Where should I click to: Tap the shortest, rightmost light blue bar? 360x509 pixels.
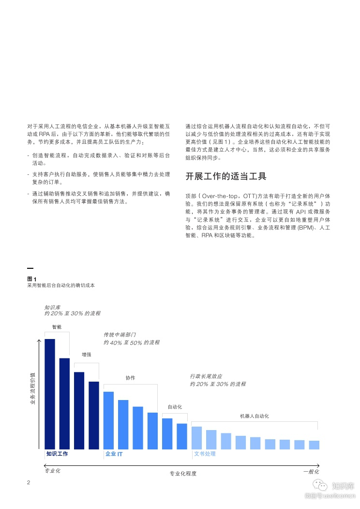click(314, 445)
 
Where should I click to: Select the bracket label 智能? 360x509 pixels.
click(57, 327)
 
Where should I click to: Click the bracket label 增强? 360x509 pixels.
click(87, 355)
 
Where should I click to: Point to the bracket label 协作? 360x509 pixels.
click(130, 378)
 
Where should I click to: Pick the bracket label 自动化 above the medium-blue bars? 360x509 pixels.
click(175, 407)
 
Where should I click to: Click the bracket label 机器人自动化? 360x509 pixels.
click(254, 416)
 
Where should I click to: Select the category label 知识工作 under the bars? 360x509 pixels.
click(57, 454)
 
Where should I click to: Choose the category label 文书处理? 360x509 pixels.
click(205, 454)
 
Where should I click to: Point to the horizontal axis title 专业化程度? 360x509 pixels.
click(183, 473)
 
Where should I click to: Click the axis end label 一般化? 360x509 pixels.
click(311, 471)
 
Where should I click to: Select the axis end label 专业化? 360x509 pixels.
click(52, 471)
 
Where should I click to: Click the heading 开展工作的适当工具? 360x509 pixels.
click(226, 176)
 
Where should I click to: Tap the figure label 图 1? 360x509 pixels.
click(32, 278)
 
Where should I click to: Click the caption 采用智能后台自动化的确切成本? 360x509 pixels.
click(61, 286)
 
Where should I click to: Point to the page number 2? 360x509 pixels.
click(29, 483)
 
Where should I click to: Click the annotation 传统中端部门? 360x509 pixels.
click(120, 335)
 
